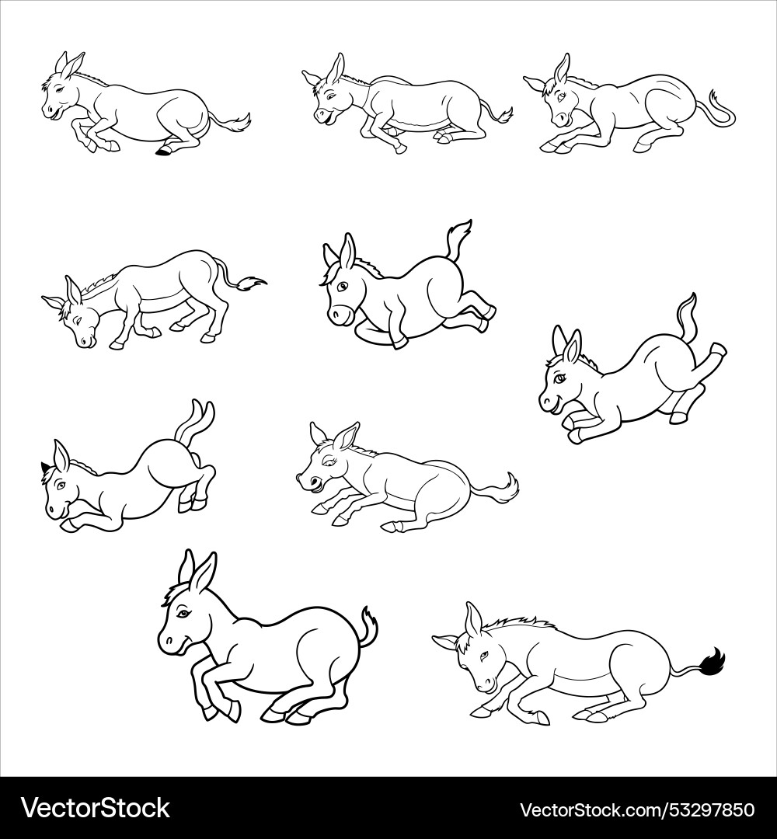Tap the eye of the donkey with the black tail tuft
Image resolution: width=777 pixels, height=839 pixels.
click(x=480, y=656)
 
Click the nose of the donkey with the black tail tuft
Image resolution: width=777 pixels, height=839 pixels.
click(x=483, y=686)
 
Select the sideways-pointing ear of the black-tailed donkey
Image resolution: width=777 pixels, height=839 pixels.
click(x=445, y=641)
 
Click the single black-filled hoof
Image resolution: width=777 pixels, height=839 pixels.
click(x=163, y=151)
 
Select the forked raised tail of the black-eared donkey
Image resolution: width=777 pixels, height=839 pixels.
click(x=197, y=416)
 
